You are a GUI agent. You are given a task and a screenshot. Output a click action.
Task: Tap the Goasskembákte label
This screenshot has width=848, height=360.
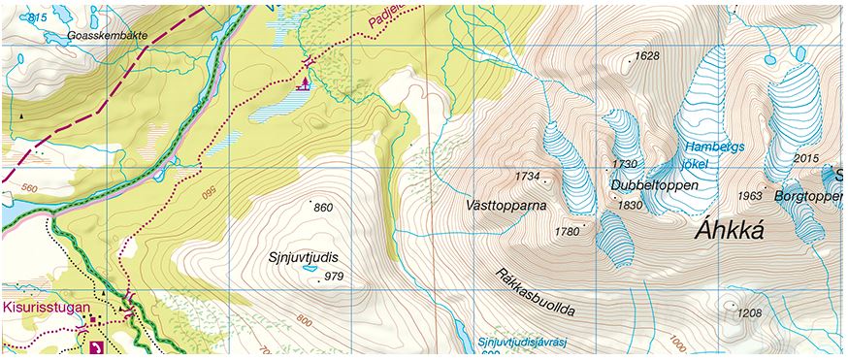point(108,36)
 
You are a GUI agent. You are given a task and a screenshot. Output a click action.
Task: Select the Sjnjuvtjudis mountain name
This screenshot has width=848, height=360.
point(309,258)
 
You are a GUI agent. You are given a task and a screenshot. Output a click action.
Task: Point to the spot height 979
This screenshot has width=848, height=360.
point(334,277)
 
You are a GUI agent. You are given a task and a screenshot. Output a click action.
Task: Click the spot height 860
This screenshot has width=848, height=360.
point(323,208)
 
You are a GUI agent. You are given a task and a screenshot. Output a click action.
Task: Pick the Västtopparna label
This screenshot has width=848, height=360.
point(506,207)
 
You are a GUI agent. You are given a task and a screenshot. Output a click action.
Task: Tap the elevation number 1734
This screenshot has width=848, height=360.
point(528,177)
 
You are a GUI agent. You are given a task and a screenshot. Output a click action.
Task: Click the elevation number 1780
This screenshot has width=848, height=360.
point(566,231)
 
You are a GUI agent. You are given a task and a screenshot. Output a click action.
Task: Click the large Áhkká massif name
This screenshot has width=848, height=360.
point(733,231)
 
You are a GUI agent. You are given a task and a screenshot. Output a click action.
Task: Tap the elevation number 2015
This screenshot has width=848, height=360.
point(806,158)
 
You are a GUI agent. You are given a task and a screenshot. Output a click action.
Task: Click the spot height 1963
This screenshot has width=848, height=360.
point(749,196)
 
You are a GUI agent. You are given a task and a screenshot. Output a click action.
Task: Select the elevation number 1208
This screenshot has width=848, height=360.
point(749,312)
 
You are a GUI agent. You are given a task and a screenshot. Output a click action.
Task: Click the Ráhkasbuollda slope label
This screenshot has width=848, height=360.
point(535,292)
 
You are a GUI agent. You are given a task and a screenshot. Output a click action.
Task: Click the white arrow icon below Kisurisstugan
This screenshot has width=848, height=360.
point(95,346)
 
